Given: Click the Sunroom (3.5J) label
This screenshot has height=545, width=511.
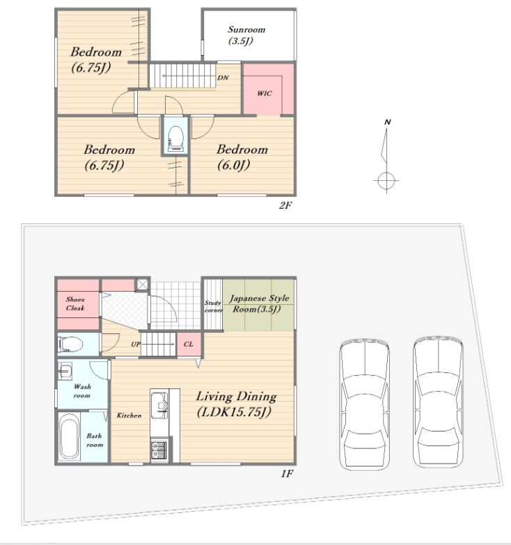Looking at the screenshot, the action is point(246,35).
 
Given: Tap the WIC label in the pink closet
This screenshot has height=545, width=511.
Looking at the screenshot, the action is point(264,93).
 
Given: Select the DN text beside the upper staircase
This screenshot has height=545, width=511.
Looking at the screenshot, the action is point(223,77).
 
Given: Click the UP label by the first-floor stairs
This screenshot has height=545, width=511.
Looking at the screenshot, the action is point(136,344).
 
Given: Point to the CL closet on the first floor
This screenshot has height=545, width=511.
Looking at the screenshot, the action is point(188,344).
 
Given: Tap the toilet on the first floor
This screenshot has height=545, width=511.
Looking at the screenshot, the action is point(70,345).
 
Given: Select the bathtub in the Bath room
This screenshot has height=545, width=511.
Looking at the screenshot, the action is point(68,436).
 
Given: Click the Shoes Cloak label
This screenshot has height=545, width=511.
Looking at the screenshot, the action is point(75,303).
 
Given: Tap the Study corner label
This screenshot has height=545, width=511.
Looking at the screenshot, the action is point(213,306).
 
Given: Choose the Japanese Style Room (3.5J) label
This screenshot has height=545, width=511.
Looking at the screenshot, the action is point(259,303).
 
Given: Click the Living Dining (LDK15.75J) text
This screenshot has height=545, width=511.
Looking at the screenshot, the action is point(237,404).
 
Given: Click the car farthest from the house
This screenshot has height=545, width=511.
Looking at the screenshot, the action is point(438,402).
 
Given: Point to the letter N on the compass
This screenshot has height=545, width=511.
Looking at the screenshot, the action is point(387,122).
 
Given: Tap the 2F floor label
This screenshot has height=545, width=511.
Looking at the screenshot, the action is point(285,205).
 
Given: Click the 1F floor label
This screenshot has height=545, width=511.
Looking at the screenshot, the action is point(287,474).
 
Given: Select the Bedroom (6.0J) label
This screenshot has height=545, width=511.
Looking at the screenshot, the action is point(242,157).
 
